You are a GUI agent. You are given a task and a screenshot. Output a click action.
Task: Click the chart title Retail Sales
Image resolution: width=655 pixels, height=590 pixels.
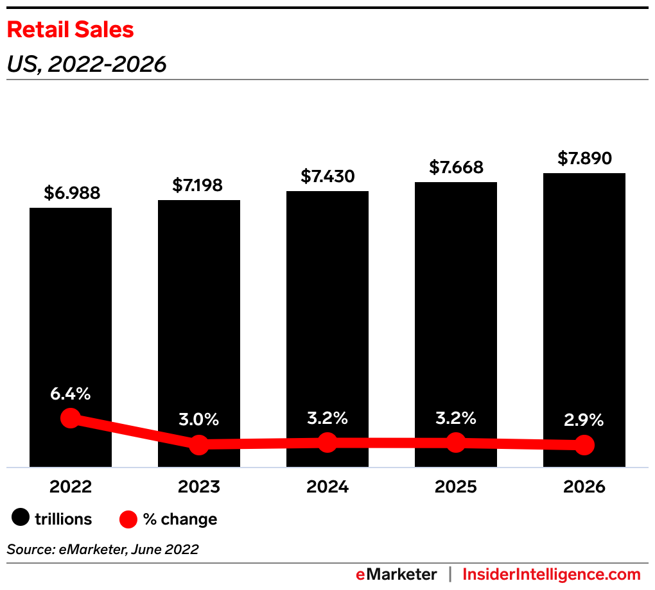[70, 29]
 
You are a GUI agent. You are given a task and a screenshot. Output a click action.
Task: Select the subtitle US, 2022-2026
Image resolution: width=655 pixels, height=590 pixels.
[86, 64]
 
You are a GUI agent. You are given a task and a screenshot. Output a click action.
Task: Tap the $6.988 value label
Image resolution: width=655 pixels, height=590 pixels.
[72, 192]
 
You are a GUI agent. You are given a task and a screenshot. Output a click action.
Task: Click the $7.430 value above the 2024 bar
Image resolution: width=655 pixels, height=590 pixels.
[327, 176]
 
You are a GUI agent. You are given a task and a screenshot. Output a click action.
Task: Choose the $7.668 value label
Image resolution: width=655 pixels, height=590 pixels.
[456, 167]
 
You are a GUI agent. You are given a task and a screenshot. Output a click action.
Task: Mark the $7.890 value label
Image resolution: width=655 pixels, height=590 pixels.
[584, 158]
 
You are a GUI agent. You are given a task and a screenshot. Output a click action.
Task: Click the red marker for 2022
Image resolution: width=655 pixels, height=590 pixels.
[71, 419]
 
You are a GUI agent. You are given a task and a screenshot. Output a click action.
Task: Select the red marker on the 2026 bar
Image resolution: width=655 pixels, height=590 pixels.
[584, 444]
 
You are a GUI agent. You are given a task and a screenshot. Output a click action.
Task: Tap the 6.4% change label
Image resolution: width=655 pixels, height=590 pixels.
[71, 394]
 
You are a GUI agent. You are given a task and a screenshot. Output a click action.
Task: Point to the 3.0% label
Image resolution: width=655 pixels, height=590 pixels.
[199, 420]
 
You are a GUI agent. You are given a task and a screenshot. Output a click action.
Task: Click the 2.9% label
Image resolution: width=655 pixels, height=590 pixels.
[584, 420]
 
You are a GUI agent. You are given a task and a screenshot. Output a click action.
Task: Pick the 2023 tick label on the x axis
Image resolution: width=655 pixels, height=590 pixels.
[199, 487]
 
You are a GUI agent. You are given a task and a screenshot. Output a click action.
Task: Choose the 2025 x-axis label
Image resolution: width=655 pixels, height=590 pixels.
[456, 487]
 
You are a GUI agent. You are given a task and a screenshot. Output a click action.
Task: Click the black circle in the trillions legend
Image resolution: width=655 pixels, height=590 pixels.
[22, 518]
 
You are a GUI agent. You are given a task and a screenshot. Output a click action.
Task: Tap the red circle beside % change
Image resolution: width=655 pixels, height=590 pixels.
[128, 518]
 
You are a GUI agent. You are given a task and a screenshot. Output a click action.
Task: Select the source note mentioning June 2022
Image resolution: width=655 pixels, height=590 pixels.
[103, 549]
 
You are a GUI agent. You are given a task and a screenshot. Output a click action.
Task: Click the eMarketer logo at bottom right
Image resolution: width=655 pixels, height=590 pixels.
[396, 574]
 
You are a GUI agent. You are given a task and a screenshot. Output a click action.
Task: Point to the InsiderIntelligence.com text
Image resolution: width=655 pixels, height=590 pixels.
[552, 574]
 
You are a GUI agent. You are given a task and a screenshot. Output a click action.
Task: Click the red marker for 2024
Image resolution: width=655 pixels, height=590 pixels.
[327, 442]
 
